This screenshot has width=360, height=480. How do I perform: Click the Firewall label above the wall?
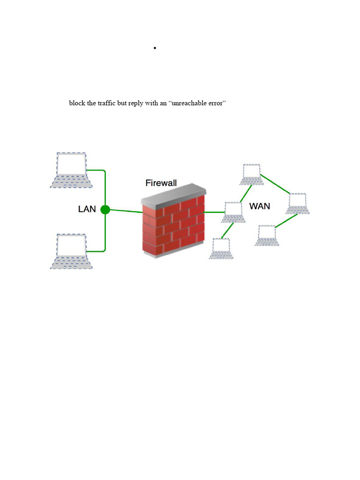161,183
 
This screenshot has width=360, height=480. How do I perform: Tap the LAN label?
87,209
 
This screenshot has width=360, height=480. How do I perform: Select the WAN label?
260,206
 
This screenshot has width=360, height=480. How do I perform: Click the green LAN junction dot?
105,210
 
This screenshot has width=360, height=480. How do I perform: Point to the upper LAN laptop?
71,170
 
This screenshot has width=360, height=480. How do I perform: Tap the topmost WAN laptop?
252,174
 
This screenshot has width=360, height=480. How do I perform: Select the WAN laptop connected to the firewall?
233,212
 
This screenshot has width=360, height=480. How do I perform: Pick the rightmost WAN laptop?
298,203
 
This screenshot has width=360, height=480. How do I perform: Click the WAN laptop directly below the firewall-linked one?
221,248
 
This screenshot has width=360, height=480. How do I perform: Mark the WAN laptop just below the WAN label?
267,235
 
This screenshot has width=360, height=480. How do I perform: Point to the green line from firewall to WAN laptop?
215,212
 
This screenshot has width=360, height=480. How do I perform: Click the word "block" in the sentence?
77,103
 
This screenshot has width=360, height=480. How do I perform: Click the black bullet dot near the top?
154,48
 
